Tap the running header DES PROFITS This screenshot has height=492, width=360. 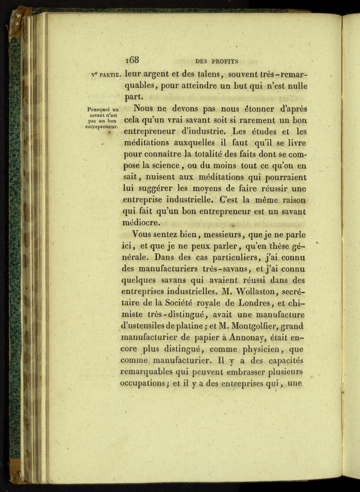click(x=214, y=60)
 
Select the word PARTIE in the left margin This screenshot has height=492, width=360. click(x=109, y=75)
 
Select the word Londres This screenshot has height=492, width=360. click(x=246, y=303)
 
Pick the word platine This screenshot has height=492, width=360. click(x=198, y=326)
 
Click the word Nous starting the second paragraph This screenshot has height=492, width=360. click(x=145, y=109)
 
